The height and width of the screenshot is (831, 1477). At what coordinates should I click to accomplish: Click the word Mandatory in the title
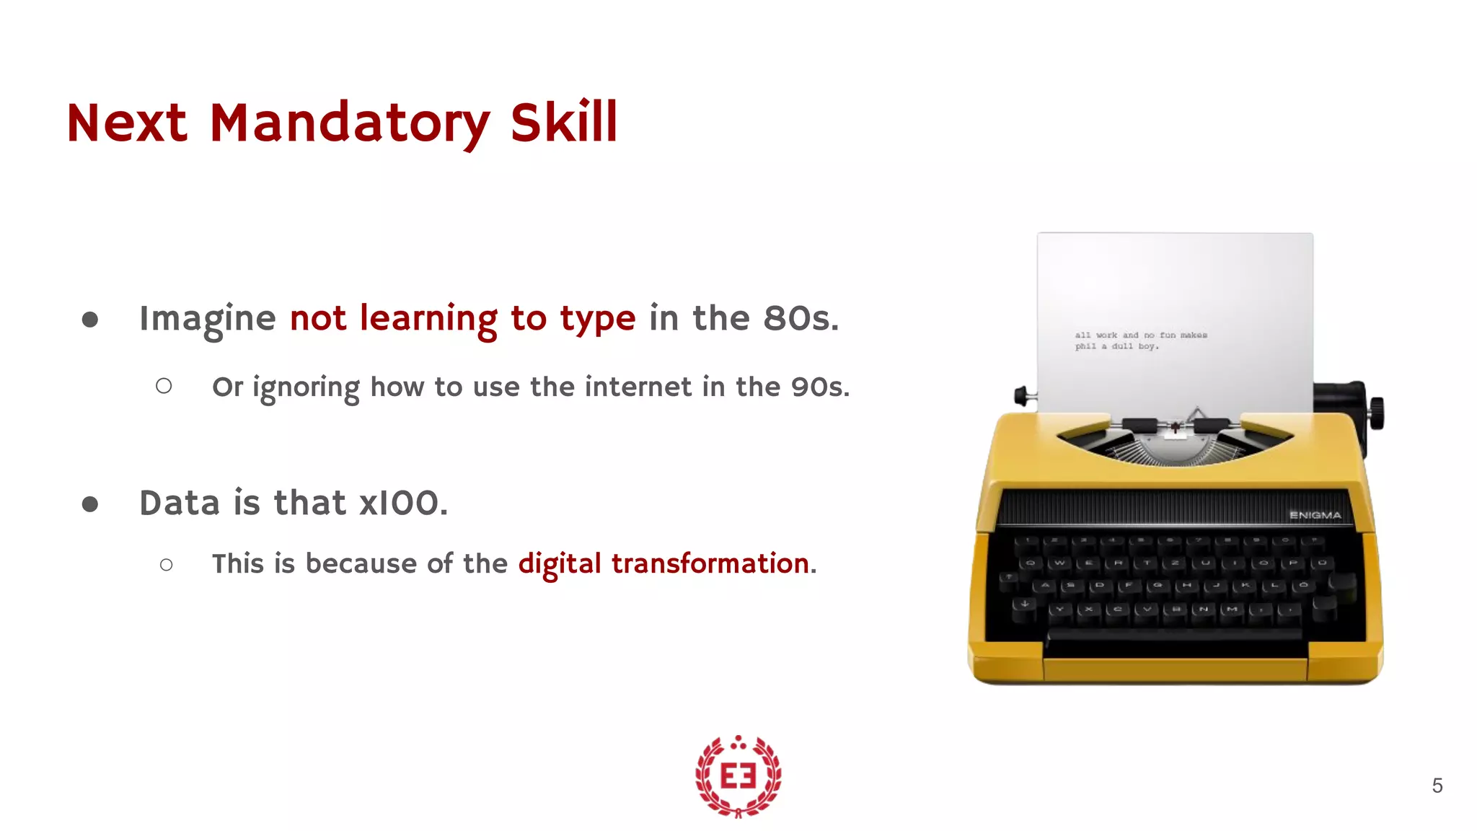[350, 123]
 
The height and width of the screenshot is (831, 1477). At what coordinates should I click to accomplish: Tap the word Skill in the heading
[563, 123]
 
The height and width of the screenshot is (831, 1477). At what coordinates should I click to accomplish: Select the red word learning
[428, 319]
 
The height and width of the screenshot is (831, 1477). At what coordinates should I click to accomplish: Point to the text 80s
[801, 319]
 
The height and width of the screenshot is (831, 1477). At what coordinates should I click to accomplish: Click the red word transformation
[710, 563]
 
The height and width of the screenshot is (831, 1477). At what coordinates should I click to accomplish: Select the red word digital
[559, 563]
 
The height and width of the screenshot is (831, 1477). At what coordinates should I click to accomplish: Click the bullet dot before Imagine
[90, 320]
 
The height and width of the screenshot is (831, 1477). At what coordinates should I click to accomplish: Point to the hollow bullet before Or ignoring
[164, 387]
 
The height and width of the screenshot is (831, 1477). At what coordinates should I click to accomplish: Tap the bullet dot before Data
[90, 504]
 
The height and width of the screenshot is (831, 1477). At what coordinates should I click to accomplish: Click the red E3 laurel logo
[738, 776]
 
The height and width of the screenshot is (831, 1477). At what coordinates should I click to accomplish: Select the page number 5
[1437, 786]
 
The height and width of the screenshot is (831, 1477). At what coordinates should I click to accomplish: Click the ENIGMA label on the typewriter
[1315, 515]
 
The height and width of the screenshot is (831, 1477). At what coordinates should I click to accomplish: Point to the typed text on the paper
[1140, 340]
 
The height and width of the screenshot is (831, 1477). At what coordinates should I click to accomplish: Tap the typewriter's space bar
[1174, 634]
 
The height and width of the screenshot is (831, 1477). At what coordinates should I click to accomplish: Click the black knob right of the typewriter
[1376, 413]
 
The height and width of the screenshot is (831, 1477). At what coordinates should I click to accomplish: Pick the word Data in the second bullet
[180, 503]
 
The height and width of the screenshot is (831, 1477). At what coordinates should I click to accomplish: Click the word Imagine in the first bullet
[208, 319]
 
